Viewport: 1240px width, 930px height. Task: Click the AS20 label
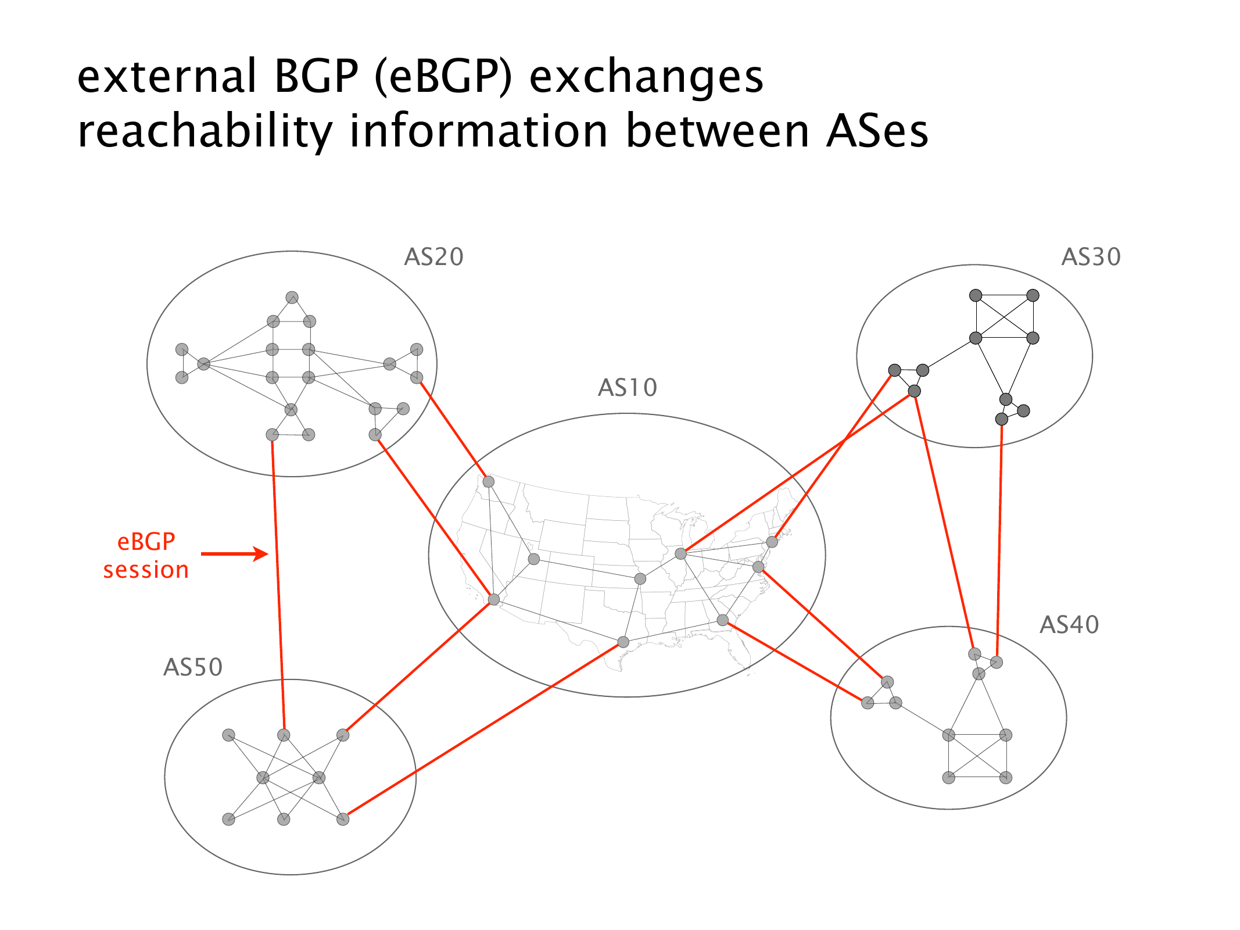433,257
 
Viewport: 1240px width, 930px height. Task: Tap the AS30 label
1091,257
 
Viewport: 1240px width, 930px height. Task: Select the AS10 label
628,388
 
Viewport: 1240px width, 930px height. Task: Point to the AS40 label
1069,625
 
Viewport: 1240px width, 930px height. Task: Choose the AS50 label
193,667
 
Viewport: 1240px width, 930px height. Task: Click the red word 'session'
146,570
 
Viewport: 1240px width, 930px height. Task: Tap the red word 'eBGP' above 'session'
146,542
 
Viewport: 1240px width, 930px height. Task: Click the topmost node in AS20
292,298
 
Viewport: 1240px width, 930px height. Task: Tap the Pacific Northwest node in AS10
489,482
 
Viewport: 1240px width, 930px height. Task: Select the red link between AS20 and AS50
278,581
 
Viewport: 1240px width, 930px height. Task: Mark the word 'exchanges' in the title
646,77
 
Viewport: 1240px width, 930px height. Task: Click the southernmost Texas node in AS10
623,642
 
